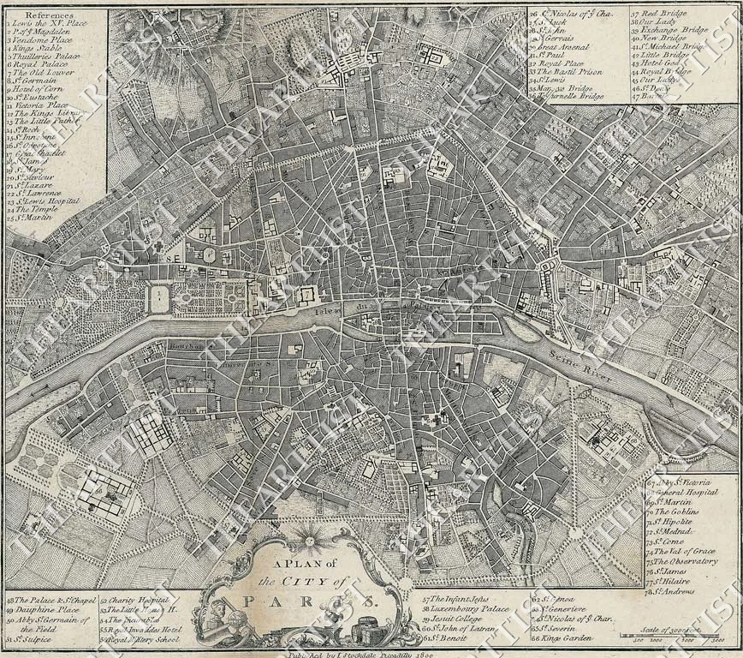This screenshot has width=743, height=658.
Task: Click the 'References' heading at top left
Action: click(x=50, y=15)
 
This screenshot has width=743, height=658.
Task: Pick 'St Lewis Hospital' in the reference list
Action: click(x=49, y=200)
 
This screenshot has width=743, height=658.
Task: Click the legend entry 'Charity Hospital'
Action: click(x=135, y=600)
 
